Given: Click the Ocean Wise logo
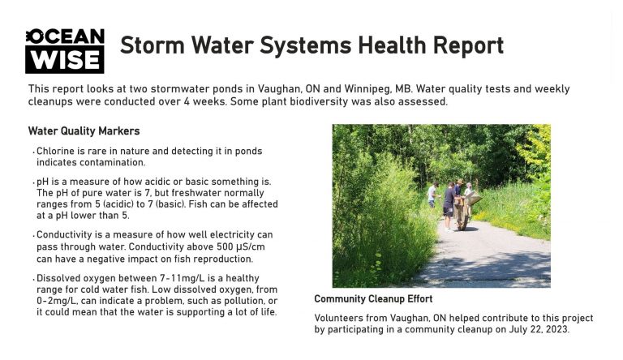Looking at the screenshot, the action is point(65,51).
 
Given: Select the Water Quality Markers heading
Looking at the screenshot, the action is point(84,131).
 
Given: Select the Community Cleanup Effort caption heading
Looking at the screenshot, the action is point(373,299).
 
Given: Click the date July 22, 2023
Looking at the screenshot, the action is point(539,329).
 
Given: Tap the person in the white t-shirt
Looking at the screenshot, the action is point(432,195).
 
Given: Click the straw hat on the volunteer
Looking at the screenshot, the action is point(460,181).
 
